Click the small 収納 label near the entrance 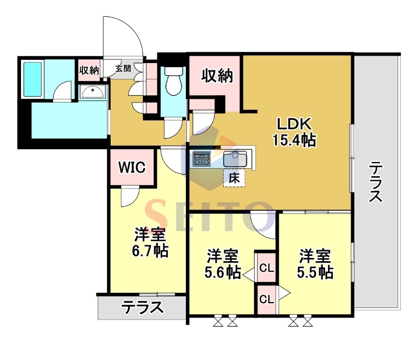click(89, 70)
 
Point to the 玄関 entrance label click(124, 68)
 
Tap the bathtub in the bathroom click(33, 79)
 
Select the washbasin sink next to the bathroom click(93, 91)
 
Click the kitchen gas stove click(202, 158)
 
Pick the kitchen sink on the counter click(235, 158)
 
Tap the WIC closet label click(131, 167)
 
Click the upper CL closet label click(267, 269)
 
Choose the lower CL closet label click(267, 300)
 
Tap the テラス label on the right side click(376, 182)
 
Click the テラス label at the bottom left click(142, 306)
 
